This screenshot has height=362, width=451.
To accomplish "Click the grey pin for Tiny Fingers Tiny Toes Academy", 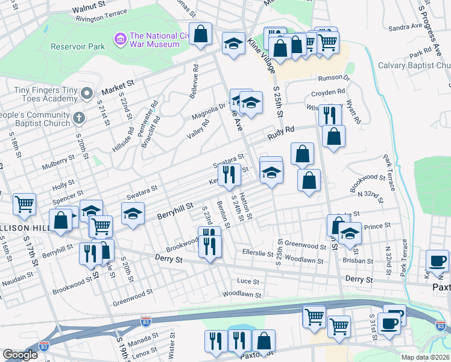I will pyautogui.click(x=87, y=92).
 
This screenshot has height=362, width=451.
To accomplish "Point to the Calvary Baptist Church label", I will pyautogui.click(x=414, y=65).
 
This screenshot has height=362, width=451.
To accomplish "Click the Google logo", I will pyautogui.click(x=20, y=355).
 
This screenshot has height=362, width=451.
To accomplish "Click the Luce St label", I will pyautogui.click(x=248, y=281).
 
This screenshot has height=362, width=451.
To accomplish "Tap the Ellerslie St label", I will pyautogui.click(x=257, y=253).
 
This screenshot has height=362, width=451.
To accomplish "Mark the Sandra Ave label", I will pyautogui.click(x=405, y=27).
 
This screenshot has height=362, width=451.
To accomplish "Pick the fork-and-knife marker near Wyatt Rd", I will pyautogui.click(x=330, y=113).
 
